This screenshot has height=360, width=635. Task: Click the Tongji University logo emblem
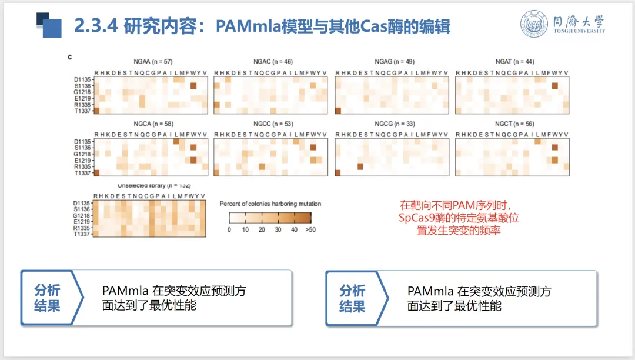click(x=534, y=24)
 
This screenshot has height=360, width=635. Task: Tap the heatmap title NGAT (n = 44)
click(x=512, y=62)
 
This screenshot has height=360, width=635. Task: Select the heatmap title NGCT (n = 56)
click(x=512, y=124)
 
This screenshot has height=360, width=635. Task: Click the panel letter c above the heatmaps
click(x=69, y=57)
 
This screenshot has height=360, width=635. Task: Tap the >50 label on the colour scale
click(x=310, y=229)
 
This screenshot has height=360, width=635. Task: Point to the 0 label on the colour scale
click(x=229, y=229)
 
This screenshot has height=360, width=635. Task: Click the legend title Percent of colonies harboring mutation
click(x=270, y=204)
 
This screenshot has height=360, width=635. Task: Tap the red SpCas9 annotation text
click(x=459, y=218)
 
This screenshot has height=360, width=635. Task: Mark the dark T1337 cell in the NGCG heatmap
click(x=339, y=173)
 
